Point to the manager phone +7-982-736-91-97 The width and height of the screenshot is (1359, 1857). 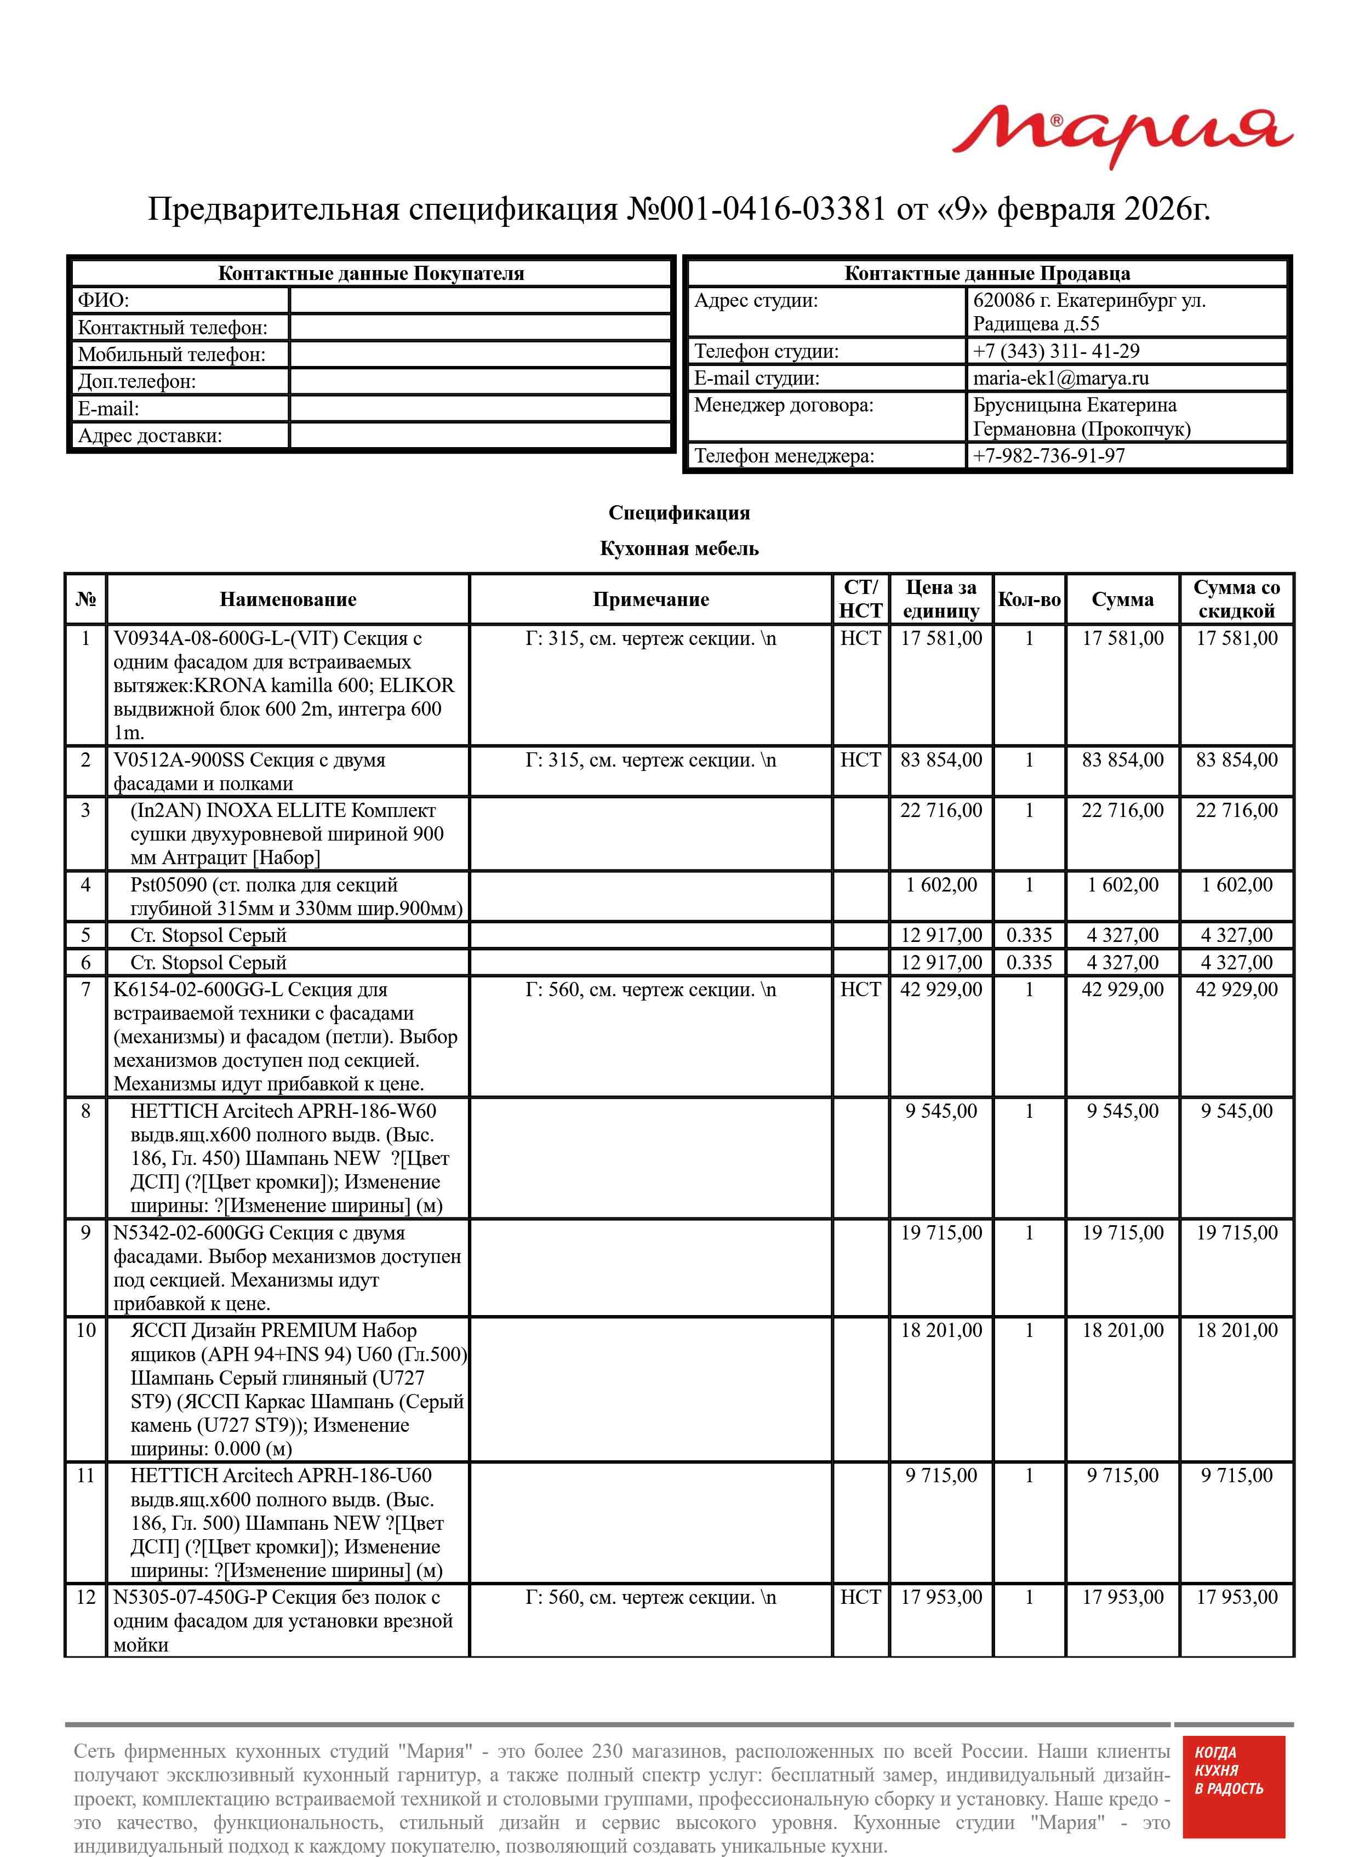tap(1049, 455)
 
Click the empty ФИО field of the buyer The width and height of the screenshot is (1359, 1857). tap(481, 300)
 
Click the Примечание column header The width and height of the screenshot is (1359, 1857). tap(650, 599)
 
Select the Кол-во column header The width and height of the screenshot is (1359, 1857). tap(1029, 599)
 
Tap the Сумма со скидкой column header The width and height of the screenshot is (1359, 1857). tap(1236, 599)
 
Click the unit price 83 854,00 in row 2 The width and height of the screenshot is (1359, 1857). tap(941, 760)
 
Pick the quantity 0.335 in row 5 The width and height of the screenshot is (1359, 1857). tap(1029, 935)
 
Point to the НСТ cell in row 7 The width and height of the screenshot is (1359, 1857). tap(860, 990)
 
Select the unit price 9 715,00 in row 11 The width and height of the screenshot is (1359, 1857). tap(941, 1476)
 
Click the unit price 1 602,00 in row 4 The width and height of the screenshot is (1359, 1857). tap(941, 885)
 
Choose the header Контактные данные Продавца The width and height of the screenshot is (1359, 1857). tap(986, 274)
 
